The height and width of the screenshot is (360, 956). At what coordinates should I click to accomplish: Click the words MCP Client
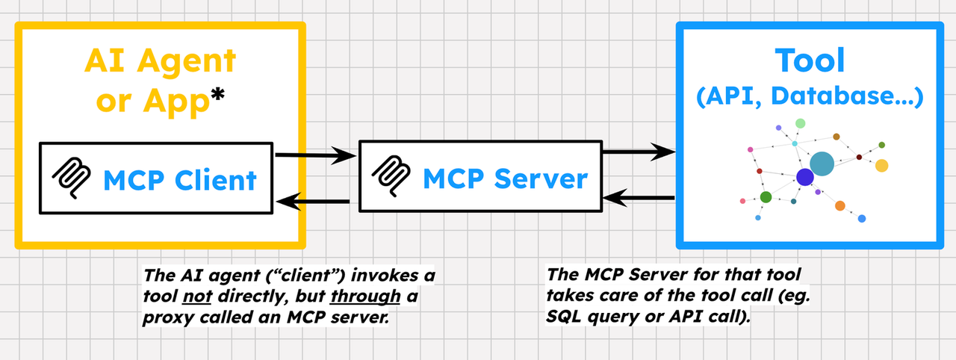tap(179, 180)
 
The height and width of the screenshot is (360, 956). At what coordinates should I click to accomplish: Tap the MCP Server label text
tap(505, 179)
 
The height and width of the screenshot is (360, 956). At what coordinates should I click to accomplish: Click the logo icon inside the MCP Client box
tap(72, 180)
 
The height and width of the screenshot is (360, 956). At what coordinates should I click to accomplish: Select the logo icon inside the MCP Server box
tap(393, 176)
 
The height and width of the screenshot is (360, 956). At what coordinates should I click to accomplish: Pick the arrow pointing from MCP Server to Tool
tap(639, 152)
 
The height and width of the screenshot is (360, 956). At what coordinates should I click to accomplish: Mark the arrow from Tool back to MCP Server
tap(639, 198)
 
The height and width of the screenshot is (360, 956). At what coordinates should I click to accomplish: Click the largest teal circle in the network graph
tap(822, 164)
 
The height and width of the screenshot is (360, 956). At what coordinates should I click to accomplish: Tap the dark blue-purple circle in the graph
tap(804, 177)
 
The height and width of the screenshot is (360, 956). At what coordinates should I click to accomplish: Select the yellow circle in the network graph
tap(881, 165)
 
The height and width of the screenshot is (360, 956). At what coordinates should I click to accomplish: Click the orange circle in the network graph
tap(839, 205)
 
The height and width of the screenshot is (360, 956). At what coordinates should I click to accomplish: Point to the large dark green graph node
tap(766, 197)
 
